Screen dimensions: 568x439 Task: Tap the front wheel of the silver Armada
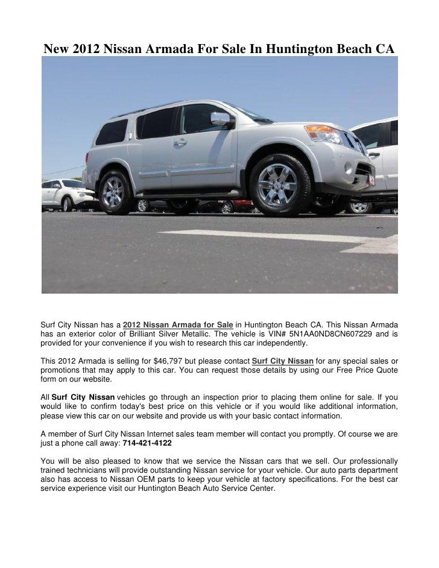[278, 185]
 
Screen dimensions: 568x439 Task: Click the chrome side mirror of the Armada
[220, 119]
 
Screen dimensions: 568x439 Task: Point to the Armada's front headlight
[323, 133]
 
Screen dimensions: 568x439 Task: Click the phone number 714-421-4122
[147, 443]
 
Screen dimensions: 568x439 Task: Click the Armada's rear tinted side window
[112, 131]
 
